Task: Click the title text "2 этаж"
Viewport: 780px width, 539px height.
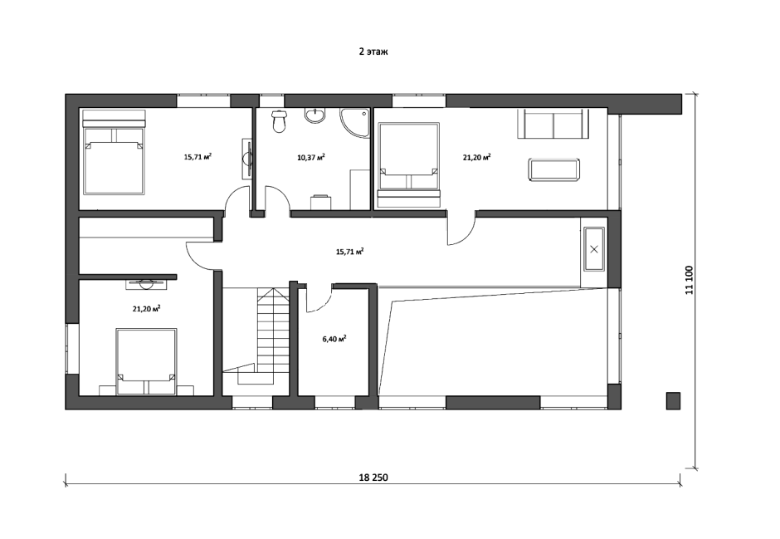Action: pyautogui.click(x=373, y=51)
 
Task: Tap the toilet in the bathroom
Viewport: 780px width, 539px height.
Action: pyautogui.click(x=279, y=121)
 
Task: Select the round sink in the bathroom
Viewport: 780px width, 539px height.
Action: pyautogui.click(x=315, y=115)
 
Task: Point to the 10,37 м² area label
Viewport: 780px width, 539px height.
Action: pyautogui.click(x=311, y=158)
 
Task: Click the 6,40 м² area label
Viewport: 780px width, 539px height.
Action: pyautogui.click(x=334, y=340)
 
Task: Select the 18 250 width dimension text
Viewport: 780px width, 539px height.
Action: pyautogui.click(x=373, y=478)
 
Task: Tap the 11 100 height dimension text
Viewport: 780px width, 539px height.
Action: pyautogui.click(x=689, y=280)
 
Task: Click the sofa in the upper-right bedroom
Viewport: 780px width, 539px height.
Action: pyautogui.click(x=553, y=124)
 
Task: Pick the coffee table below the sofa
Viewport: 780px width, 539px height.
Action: pyautogui.click(x=554, y=169)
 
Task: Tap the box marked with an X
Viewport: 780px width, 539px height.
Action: pyautogui.click(x=594, y=249)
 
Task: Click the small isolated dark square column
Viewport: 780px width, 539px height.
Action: pyautogui.click(x=674, y=400)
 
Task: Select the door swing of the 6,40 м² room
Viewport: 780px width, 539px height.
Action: pyautogui.click(x=319, y=300)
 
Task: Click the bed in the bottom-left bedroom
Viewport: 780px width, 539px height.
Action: pyautogui.click(x=146, y=361)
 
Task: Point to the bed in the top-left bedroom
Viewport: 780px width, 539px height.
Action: pyautogui.click(x=114, y=152)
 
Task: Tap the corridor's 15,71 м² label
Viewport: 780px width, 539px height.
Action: pyautogui.click(x=349, y=252)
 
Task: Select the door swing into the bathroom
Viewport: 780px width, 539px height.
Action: pyautogui.click(x=278, y=199)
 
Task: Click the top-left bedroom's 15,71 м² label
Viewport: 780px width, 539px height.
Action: pyautogui.click(x=198, y=157)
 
